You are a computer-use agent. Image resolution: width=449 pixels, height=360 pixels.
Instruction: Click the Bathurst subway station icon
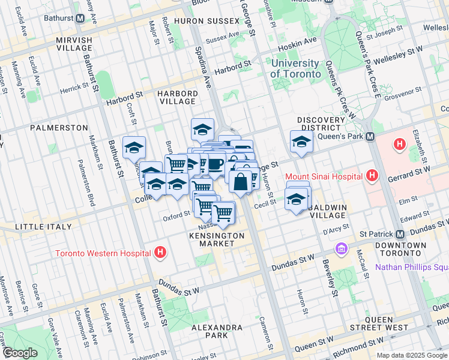pyautogui.click(x=80, y=18)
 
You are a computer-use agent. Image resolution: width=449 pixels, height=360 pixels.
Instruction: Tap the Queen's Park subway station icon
pyautogui.click(x=370, y=137)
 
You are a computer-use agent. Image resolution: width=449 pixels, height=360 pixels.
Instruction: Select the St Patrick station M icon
pyautogui.click(x=400, y=233)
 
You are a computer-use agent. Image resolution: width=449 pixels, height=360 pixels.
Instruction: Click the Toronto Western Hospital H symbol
pyautogui.click(x=160, y=253)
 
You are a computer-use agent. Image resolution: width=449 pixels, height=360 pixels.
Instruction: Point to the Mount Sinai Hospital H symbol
pyautogui.click(x=372, y=176)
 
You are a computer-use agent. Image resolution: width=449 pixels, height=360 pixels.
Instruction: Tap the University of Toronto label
pyautogui.click(x=295, y=68)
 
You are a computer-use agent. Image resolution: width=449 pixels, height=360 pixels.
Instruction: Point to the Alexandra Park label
pyautogui.click(x=216, y=332)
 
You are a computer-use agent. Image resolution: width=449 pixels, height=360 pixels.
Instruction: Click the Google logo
pyautogui.click(x=19, y=353)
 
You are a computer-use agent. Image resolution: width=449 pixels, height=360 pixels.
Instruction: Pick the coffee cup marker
pyautogui.click(x=215, y=164)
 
